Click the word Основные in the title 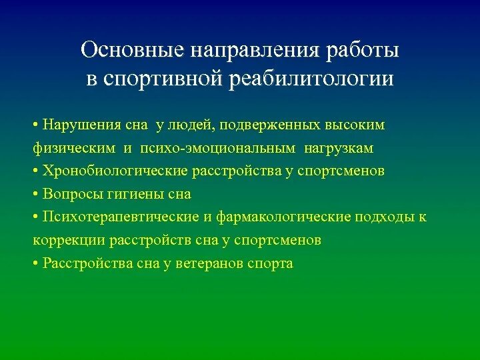(133, 51)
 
